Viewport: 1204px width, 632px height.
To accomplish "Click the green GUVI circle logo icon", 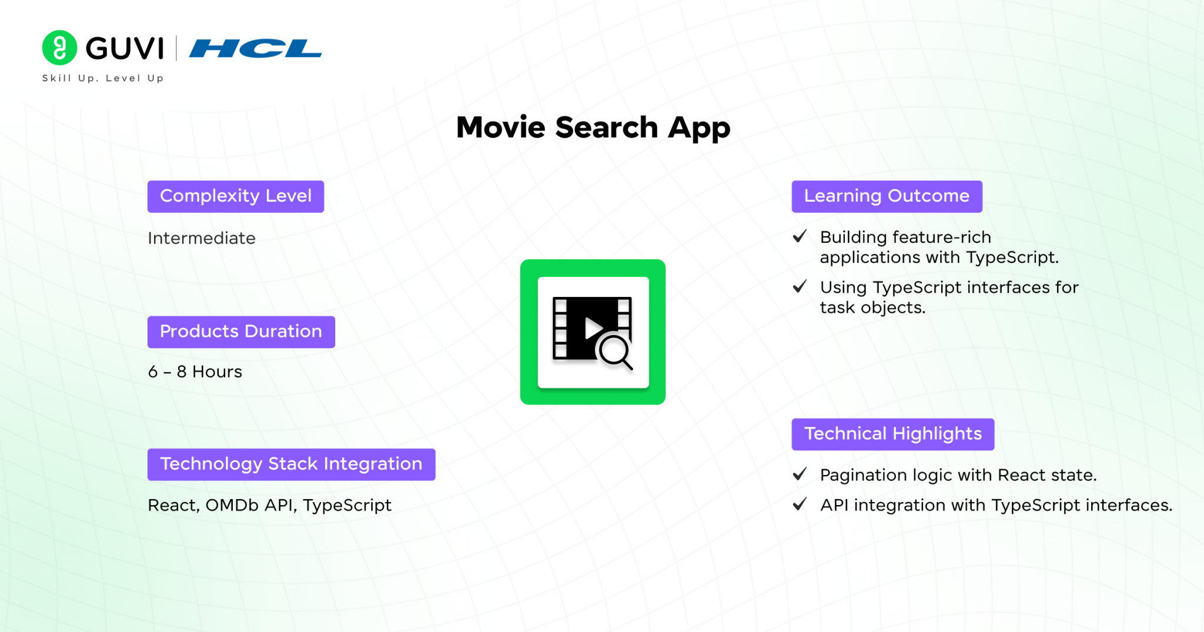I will pos(59,48).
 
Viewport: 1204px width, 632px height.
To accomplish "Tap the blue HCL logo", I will pos(255,48).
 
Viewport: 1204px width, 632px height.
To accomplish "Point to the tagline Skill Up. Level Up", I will pos(103,78).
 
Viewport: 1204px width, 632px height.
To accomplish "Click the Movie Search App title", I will pos(593,127).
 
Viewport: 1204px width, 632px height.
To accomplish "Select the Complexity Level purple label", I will pos(236,196).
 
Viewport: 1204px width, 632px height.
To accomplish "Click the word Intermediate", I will pos(202,238).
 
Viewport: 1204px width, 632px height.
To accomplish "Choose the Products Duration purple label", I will pos(241,332).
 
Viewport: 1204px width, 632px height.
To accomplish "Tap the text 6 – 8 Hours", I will pos(195,372).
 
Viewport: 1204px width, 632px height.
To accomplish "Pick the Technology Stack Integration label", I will pos(291,464).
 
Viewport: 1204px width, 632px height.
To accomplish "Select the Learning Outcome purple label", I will pos(887,196).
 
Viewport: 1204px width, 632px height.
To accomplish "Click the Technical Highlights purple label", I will pos(892,434).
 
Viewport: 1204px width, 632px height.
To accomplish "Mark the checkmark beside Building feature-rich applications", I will pos(800,236).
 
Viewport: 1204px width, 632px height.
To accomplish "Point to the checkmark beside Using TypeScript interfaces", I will pos(800,286).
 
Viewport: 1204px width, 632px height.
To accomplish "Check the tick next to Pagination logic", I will pos(800,474).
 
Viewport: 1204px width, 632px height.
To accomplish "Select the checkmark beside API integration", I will pos(800,504).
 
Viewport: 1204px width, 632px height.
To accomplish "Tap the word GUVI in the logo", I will pos(125,48).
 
